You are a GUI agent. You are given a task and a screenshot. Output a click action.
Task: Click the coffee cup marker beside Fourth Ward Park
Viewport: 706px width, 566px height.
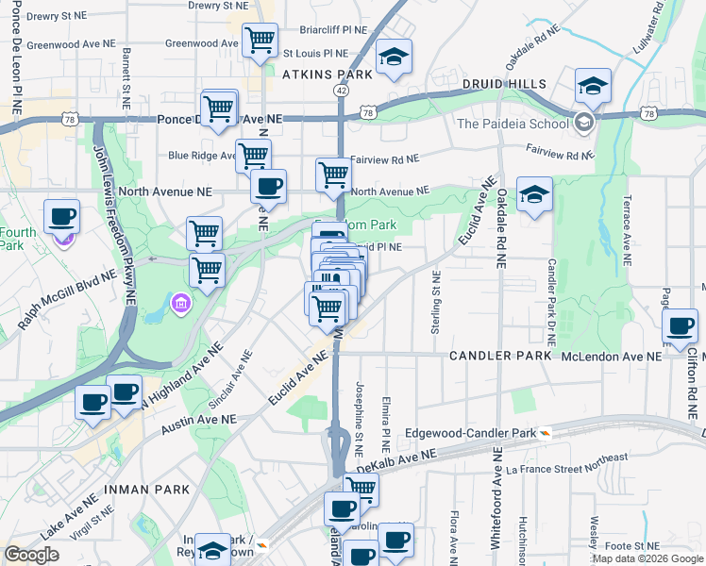pyautogui.click(x=62, y=218)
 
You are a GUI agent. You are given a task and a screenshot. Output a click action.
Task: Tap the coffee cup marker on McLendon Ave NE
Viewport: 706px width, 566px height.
pyautogui.click(x=681, y=326)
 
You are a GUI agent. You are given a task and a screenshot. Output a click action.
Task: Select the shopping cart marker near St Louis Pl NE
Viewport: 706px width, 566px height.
pyautogui.click(x=260, y=42)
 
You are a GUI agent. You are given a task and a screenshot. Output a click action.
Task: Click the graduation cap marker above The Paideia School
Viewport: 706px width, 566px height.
pyautogui.click(x=593, y=86)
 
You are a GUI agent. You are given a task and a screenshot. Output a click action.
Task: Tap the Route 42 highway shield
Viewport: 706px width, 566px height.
pyautogui.click(x=341, y=90)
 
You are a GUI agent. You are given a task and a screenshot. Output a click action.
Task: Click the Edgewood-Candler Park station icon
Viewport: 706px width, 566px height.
pyautogui.click(x=546, y=433)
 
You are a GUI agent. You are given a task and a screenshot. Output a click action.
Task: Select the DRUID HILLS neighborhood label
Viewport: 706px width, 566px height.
pyautogui.click(x=504, y=84)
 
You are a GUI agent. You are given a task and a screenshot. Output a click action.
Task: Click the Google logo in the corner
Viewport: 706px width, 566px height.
pyautogui.click(x=31, y=555)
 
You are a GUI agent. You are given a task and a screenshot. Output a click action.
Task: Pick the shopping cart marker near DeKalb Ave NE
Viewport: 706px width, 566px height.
pyautogui.click(x=360, y=490)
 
